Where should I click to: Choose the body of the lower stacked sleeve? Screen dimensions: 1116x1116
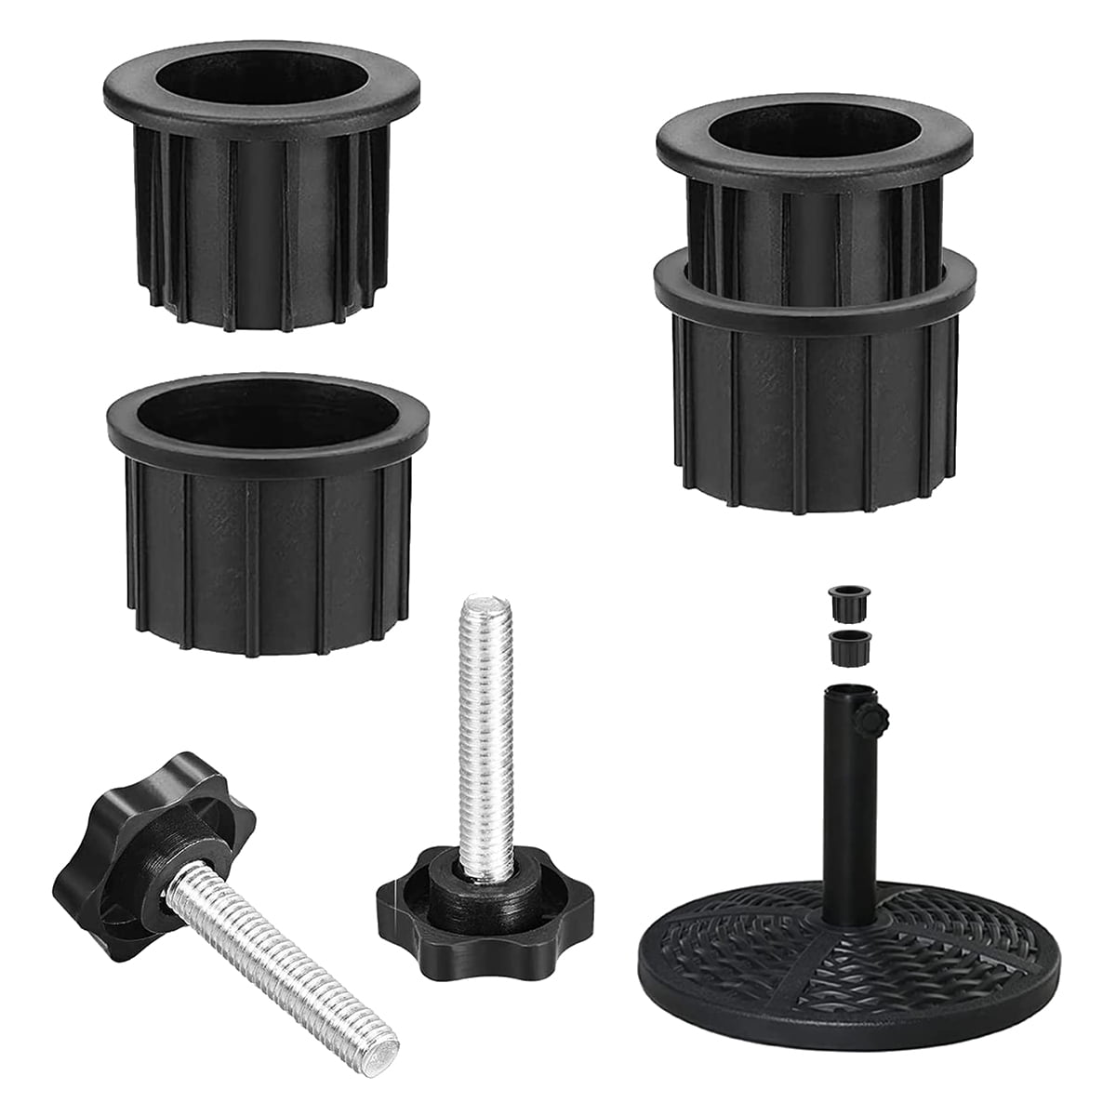click(x=815, y=409)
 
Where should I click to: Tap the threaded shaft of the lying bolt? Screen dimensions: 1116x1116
click(x=279, y=949)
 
